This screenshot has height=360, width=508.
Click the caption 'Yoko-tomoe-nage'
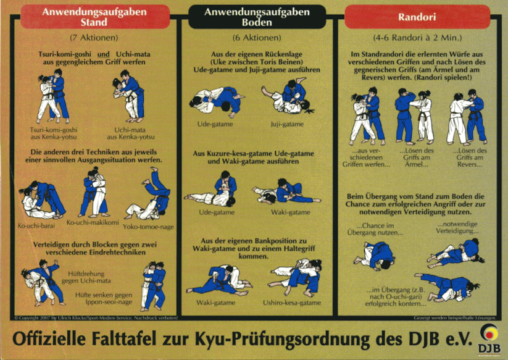pos(148,227)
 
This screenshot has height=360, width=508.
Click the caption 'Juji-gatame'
pos(287,124)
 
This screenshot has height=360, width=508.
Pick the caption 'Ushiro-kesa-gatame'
pos(293,303)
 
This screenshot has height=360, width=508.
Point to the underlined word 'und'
pos(107,54)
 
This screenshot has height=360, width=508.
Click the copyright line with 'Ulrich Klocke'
pos(96,318)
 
